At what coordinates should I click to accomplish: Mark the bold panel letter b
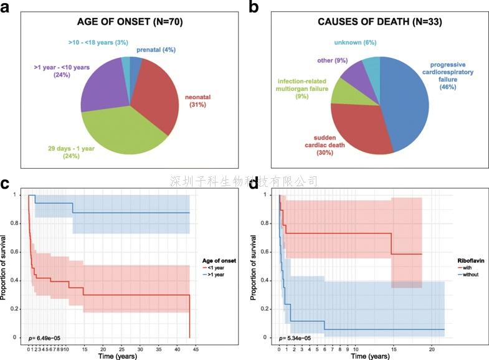(254, 7)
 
